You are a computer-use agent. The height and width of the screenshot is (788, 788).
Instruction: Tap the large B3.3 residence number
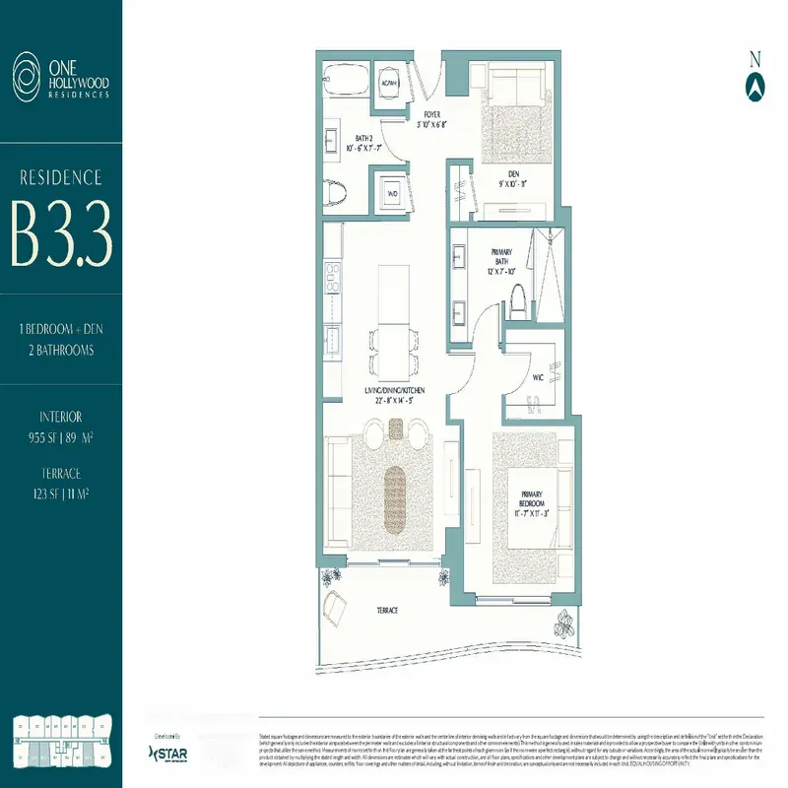click(x=61, y=234)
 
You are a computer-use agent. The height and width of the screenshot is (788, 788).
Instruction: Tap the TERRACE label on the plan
click(x=387, y=611)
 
